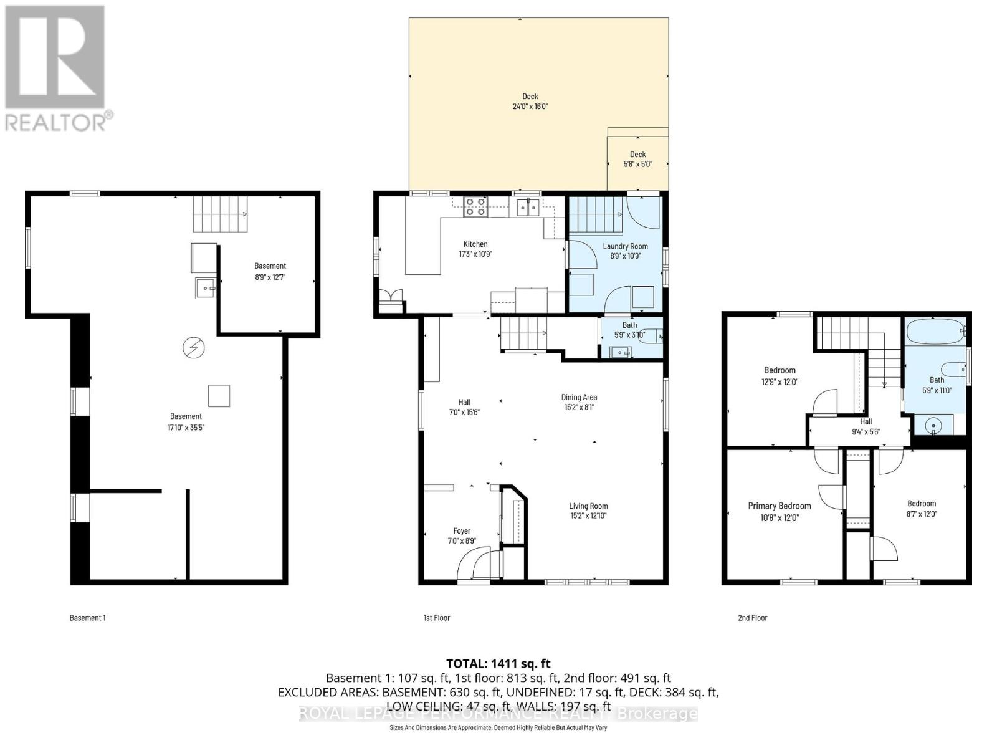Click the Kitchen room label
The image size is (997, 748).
(475, 244)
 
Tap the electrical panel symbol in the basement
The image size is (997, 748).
(193, 348)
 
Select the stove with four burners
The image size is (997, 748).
(475, 207)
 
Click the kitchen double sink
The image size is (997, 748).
(528, 207)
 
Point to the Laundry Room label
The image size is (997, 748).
(625, 246)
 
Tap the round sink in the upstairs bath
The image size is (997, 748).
(933, 426)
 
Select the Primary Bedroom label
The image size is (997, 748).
(780, 506)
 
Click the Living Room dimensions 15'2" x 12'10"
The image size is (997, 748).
(588, 516)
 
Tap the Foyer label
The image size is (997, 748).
(462, 531)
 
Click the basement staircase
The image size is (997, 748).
(220, 214)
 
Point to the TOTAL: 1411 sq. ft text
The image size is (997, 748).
(498, 663)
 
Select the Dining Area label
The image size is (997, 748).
(579, 397)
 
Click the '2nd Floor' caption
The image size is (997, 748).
(752, 618)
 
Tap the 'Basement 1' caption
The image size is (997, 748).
(87, 618)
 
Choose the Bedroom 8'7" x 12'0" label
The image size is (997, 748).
(921, 504)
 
